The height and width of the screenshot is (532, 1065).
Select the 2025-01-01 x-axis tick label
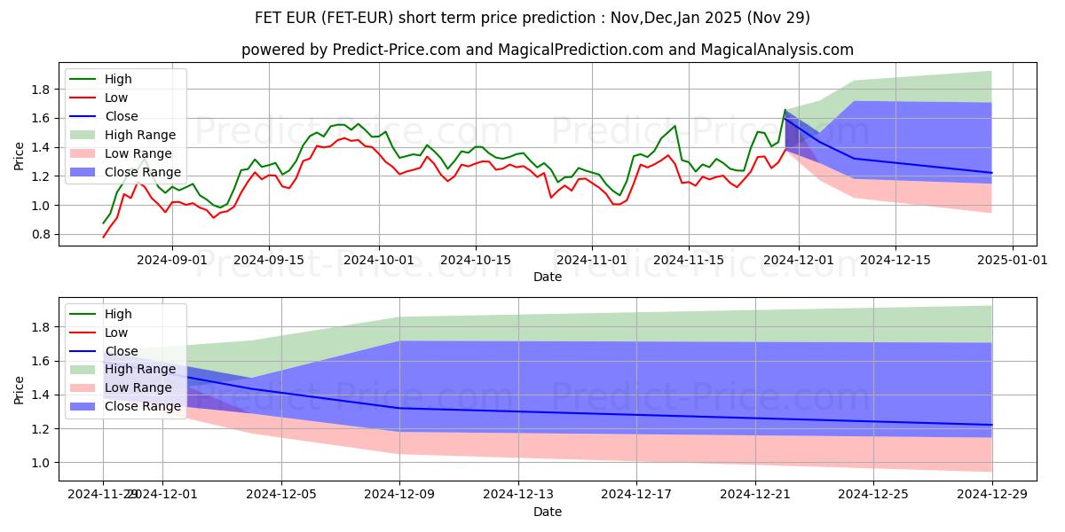click(x=998, y=260)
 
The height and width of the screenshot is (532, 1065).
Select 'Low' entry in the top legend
click(x=116, y=98)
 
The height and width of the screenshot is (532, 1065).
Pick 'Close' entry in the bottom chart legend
click(x=121, y=351)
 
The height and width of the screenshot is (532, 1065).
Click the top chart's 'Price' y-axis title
click(x=20, y=155)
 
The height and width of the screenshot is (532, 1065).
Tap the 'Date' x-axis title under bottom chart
click(x=548, y=512)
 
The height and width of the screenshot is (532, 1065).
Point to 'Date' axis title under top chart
click(x=548, y=277)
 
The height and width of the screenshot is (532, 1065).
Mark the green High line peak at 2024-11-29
click(x=785, y=110)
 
